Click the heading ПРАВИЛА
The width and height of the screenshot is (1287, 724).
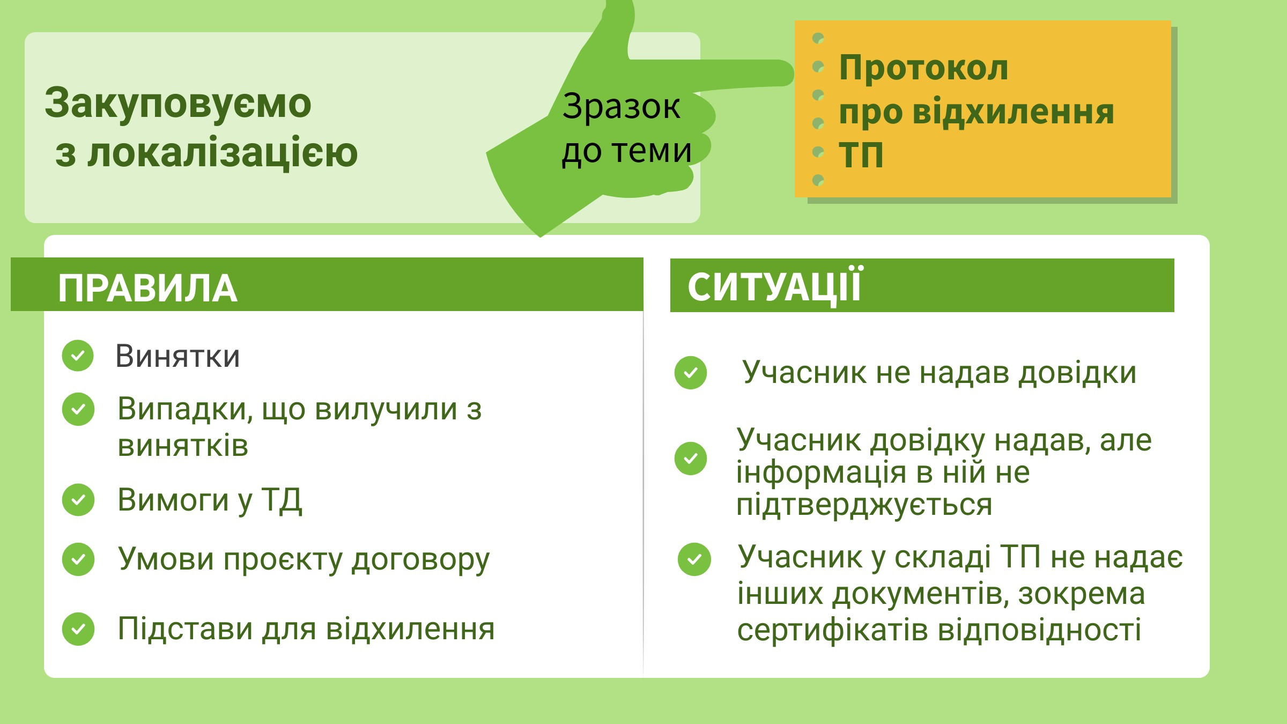tap(147, 289)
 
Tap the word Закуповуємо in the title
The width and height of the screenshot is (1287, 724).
tap(177, 103)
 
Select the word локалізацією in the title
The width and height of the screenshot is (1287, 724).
tap(223, 153)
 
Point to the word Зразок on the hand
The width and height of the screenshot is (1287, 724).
tap(621, 106)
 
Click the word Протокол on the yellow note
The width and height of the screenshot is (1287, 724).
tap(923, 68)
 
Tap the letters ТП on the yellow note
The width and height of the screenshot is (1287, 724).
tap(861, 156)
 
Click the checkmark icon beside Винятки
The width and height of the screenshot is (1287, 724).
tap(78, 356)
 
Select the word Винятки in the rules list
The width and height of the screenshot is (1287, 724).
tap(177, 356)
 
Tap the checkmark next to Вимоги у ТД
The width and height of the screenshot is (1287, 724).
tap(78, 500)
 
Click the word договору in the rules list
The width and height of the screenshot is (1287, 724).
tap(420, 560)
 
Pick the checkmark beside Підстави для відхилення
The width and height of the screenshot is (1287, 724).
tap(78, 629)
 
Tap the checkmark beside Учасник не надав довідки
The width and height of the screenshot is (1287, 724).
tap(691, 373)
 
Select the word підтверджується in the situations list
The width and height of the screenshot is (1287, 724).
tap(864, 506)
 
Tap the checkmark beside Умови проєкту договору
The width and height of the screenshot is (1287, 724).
tap(78, 559)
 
